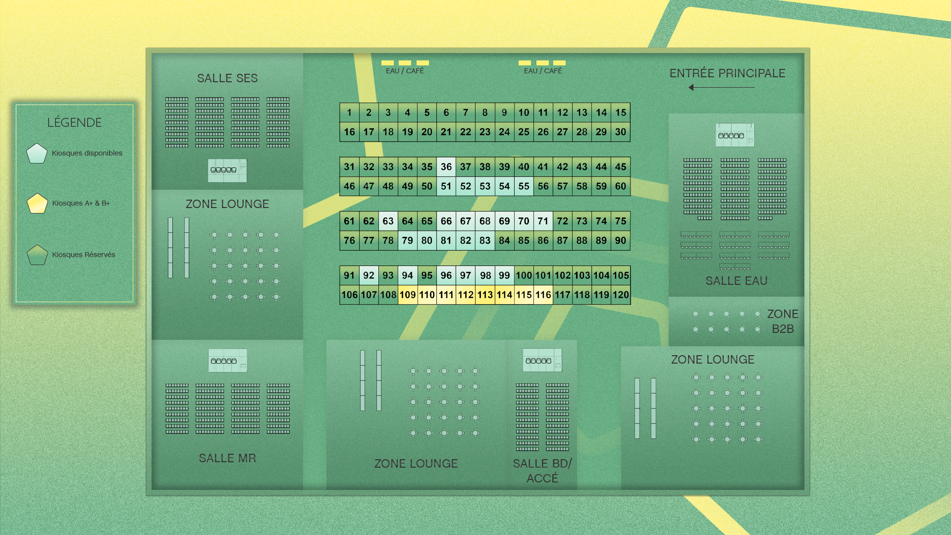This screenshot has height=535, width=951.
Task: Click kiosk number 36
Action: [446, 167]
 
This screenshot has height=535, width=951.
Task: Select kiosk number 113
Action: [485, 295]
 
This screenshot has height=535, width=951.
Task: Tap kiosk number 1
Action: [349, 113]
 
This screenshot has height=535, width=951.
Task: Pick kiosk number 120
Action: [621, 295]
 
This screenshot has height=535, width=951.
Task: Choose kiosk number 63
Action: [388, 221]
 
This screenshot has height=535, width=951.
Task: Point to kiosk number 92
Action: [369, 275]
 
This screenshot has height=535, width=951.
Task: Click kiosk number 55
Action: [524, 186]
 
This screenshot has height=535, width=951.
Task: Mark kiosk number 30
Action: [621, 132]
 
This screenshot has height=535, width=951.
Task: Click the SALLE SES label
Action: [227, 78]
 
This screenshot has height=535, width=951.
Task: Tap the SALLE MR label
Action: [227, 458]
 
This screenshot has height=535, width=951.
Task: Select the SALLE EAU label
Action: [736, 281]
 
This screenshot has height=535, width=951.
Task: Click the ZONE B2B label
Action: [783, 321]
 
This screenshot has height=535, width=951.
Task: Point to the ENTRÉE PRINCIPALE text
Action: [727, 73]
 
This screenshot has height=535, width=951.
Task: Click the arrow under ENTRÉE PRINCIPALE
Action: [721, 88]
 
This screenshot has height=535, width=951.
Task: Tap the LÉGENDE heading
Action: [74, 122]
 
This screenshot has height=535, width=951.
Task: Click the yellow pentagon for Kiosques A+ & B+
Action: [37, 204]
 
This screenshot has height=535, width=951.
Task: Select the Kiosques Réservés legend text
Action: [83, 255]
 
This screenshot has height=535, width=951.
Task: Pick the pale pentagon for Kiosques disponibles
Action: [37, 154]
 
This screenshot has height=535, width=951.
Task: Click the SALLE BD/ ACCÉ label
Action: [542, 471]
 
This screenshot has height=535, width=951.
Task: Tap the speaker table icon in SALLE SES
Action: [227, 170]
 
